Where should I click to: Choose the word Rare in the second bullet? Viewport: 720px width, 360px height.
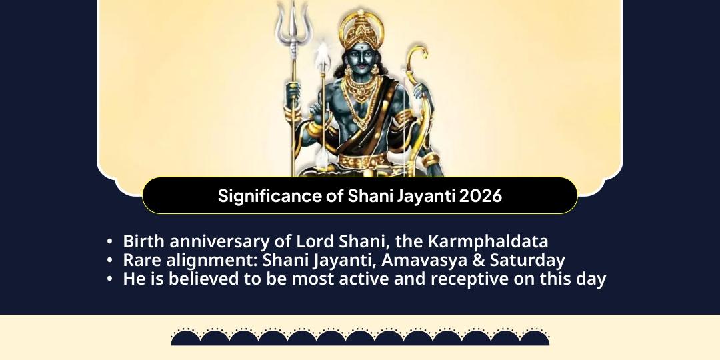[143, 260]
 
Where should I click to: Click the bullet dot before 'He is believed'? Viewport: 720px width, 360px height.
[109, 279]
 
